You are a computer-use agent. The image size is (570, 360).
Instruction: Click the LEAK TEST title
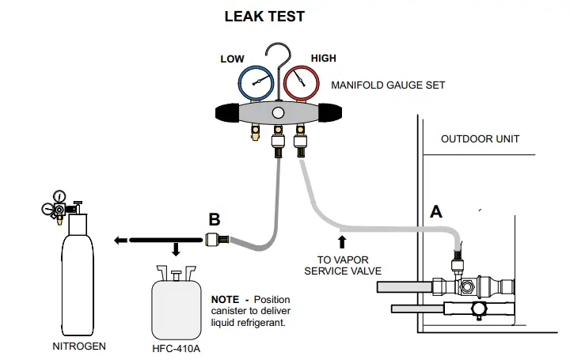pyautogui.click(x=264, y=16)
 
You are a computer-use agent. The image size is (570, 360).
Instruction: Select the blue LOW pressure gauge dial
pyautogui.click(x=255, y=83)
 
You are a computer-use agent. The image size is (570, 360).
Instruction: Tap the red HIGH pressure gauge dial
pyautogui.click(x=302, y=83)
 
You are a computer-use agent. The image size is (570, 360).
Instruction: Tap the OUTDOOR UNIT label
pyautogui.click(x=480, y=138)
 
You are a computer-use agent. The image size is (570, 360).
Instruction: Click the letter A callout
pyautogui.click(x=435, y=211)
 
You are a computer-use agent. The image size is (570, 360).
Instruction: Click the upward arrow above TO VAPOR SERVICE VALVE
pyautogui.click(x=342, y=240)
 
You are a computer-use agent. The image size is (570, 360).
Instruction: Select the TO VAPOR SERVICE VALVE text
pyautogui.click(x=342, y=265)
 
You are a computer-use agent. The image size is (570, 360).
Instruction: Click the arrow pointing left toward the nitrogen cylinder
pyautogui.click(x=120, y=240)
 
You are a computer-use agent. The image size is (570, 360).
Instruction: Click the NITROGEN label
pyautogui.click(x=78, y=346)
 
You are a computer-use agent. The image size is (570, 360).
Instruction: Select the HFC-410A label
pyautogui.click(x=176, y=346)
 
